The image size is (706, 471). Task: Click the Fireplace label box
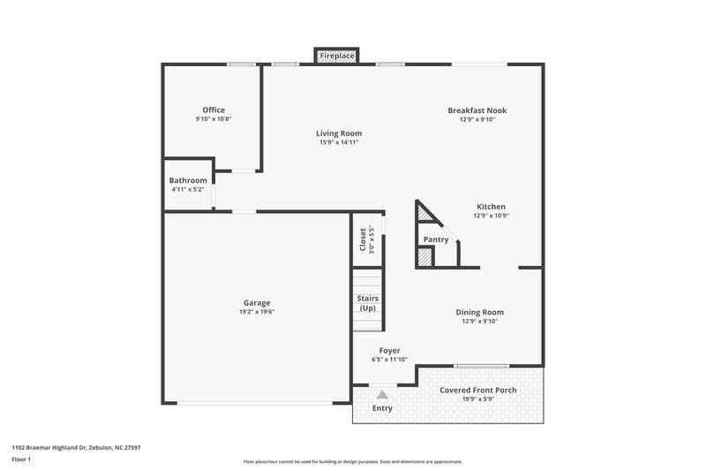coord(337,57)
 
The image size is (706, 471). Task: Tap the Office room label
coord(214,110)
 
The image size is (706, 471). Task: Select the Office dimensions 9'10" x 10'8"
coord(214,119)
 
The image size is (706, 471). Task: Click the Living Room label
coord(339,133)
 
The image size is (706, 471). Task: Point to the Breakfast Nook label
coord(477,110)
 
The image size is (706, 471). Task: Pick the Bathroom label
coord(188,180)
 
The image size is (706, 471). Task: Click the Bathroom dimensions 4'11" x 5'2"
coord(188,189)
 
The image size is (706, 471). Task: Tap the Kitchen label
coord(491,206)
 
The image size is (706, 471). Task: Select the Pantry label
coord(436,239)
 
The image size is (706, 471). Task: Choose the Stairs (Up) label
coord(367,303)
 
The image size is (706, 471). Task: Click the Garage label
coord(257,302)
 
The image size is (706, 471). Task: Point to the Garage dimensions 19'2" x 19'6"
coord(257,312)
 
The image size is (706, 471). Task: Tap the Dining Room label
coord(479,312)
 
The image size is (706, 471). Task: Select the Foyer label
coord(389,350)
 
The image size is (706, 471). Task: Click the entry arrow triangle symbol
coord(381,395)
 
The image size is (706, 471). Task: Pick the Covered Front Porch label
coord(477,390)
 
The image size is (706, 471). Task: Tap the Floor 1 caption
coord(22,460)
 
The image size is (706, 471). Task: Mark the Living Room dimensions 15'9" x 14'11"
coord(339,142)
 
